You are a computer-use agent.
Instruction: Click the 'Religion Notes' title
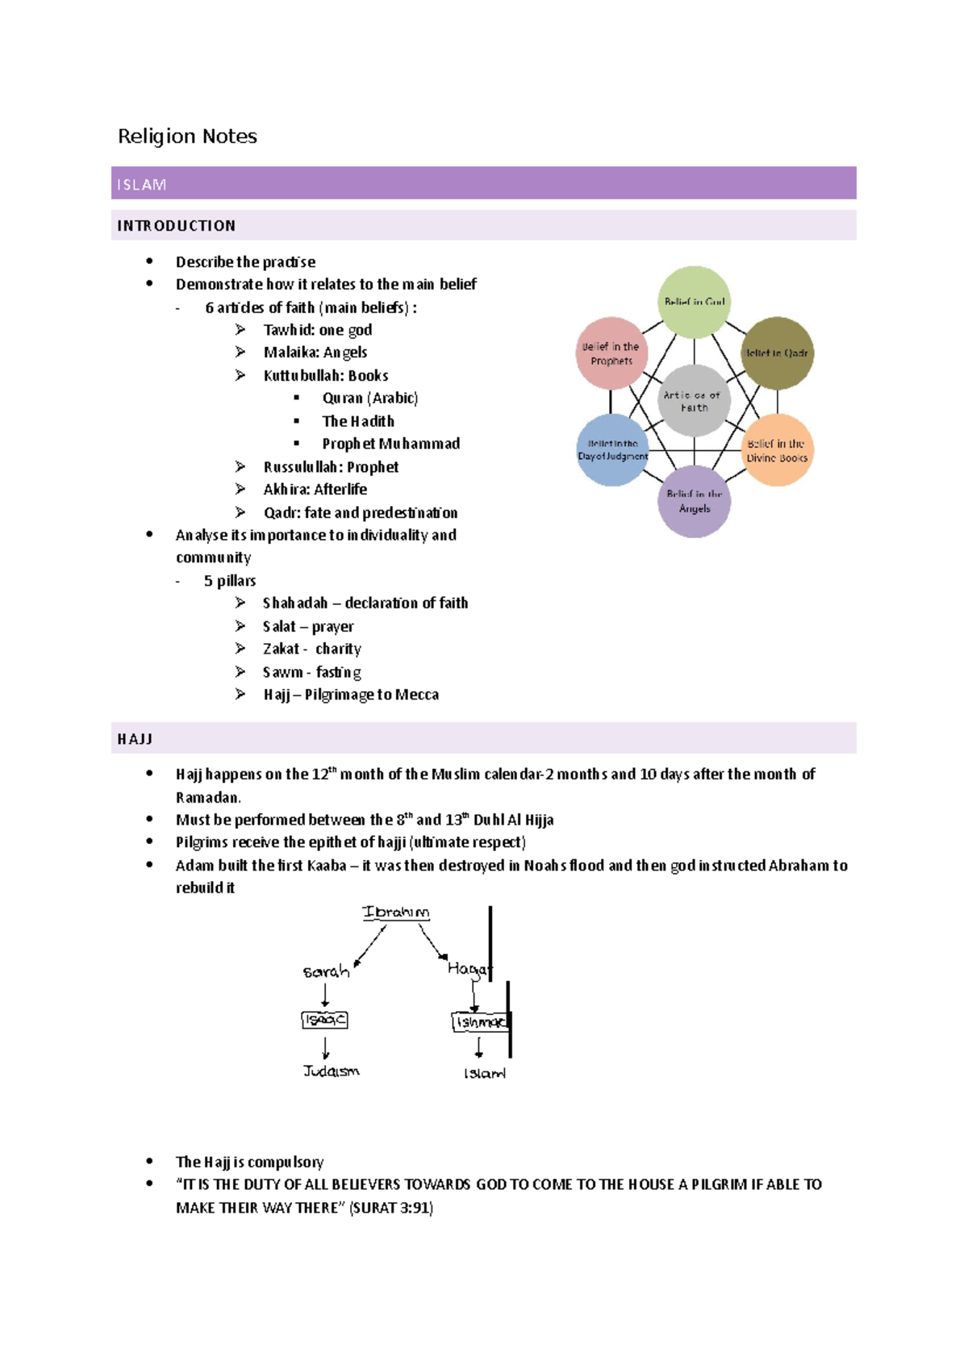point(187,136)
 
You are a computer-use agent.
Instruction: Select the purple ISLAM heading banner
point(483,183)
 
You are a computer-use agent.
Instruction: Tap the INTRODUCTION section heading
point(177,226)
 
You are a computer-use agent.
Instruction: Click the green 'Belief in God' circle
point(694,302)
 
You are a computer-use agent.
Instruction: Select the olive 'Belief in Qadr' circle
point(777,353)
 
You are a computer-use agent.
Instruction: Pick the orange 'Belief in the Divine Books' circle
point(777,450)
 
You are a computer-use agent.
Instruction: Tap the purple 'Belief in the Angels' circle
point(694,501)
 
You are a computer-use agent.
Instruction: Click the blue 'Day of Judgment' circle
point(612,450)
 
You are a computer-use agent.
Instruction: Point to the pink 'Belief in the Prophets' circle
point(611,353)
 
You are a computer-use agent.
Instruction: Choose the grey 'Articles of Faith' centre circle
point(694,401)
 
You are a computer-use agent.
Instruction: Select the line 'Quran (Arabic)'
point(369,398)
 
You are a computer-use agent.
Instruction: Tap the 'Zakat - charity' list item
point(311,649)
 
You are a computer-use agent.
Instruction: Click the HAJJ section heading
point(135,739)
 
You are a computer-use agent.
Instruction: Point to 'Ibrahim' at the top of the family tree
point(395,913)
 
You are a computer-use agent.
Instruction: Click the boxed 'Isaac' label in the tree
point(324,1020)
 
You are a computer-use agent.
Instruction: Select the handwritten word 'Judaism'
point(331,1071)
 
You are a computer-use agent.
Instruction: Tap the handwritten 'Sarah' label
point(326,971)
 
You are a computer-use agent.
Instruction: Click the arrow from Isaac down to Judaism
point(325,1047)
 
